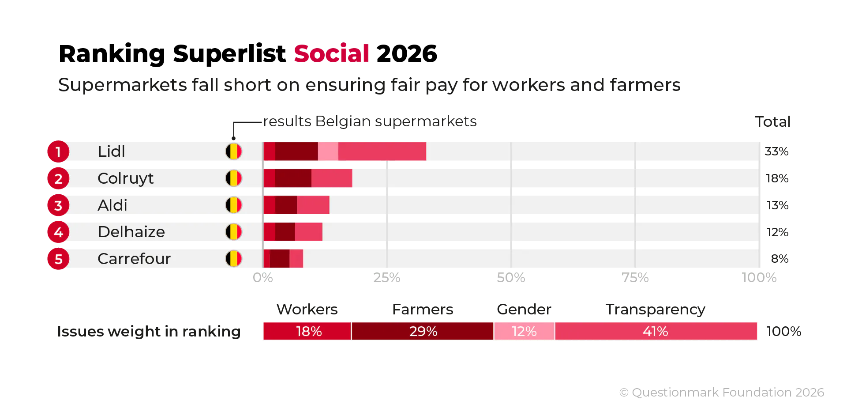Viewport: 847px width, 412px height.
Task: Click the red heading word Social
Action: pyautogui.click(x=332, y=53)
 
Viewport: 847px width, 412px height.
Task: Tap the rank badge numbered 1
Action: pyautogui.click(x=58, y=152)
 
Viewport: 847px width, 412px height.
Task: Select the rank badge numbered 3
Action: pyautogui.click(x=58, y=206)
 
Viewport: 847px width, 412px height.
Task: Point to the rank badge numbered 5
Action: pyautogui.click(x=58, y=259)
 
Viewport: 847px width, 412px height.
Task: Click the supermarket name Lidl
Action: pyautogui.click(x=111, y=151)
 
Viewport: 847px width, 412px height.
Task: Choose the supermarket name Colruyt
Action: pyautogui.click(x=125, y=178)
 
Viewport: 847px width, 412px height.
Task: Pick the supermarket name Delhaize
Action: pyautogui.click(x=131, y=232)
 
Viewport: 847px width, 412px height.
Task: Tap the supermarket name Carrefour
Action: pyautogui.click(x=134, y=259)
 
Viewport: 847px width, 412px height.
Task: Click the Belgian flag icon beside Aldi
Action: pyautogui.click(x=234, y=205)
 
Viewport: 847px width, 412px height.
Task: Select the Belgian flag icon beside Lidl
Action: pyautogui.click(x=234, y=151)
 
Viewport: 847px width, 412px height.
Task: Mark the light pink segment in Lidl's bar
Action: pyautogui.click(x=328, y=151)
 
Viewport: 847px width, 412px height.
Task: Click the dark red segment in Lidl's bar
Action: pyautogui.click(x=296, y=151)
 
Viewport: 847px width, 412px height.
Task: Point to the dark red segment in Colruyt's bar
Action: pyautogui.click(x=293, y=178)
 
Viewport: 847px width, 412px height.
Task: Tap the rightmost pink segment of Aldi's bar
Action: pyautogui.click(x=313, y=205)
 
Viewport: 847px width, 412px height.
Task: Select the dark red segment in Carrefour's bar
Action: pyautogui.click(x=280, y=259)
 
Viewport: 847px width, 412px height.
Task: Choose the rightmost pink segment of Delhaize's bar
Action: pyautogui.click(x=309, y=232)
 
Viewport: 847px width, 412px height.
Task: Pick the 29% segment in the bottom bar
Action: pyautogui.click(x=423, y=332)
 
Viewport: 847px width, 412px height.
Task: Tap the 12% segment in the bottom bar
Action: pyautogui.click(x=524, y=332)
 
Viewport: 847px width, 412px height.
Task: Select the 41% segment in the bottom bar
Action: pyautogui.click(x=656, y=332)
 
